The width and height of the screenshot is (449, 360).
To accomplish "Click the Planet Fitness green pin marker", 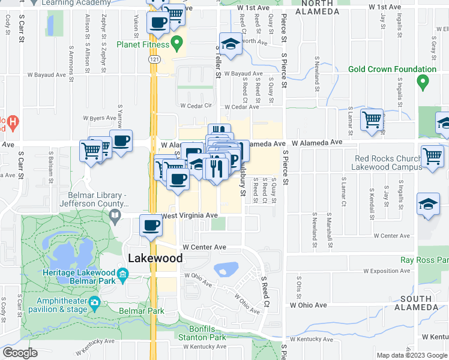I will tap(176, 43).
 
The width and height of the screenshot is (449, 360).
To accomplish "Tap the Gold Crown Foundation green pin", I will tap(423, 81).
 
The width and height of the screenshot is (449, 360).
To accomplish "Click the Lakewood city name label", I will tap(155, 259).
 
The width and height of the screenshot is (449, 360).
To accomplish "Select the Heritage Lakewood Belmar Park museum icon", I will tap(122, 275).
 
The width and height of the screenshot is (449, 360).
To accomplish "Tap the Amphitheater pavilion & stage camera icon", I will tap(94, 302).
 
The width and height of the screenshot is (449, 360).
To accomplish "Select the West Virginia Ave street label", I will tap(188, 216).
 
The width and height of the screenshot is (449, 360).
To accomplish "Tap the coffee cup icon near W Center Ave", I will tap(151, 226).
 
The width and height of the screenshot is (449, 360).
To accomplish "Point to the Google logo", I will tap(20, 353).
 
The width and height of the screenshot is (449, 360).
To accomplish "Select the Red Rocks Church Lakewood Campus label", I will tap(389, 163).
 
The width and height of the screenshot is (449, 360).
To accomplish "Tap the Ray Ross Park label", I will tap(424, 260).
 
